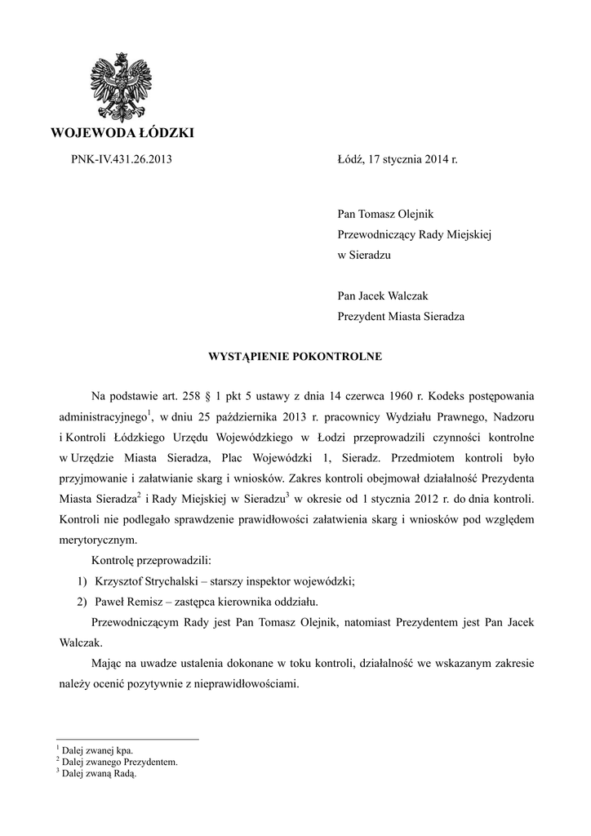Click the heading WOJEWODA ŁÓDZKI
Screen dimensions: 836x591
(122, 133)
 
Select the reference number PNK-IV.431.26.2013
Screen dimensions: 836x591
(122, 160)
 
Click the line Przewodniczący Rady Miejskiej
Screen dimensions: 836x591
(415, 234)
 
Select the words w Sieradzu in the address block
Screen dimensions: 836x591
(364, 255)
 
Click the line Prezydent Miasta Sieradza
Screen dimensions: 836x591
(401, 316)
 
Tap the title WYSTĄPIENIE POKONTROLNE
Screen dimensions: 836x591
(295, 357)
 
